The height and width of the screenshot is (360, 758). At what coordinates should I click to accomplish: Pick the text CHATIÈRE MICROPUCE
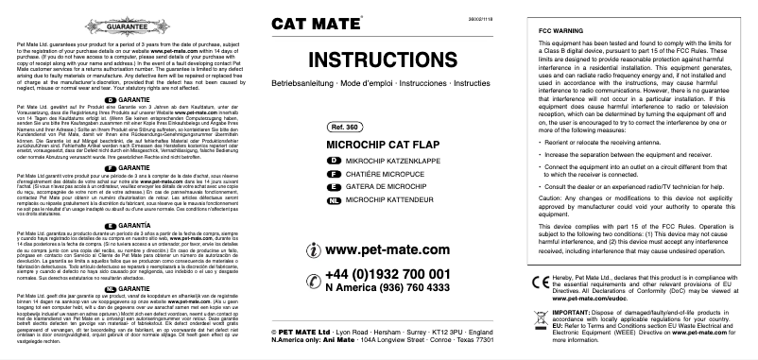click(x=372, y=176)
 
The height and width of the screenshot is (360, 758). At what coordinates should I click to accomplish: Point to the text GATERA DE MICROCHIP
click(x=375, y=188)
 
